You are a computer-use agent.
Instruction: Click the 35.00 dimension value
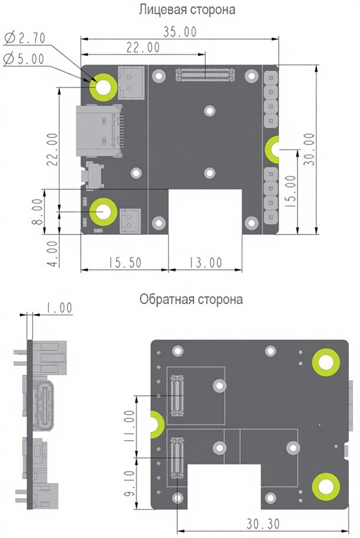click(x=180, y=32)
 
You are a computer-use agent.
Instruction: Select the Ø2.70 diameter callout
click(x=25, y=38)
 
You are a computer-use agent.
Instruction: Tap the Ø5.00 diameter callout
click(x=24, y=59)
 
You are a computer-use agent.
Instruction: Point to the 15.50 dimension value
click(x=125, y=262)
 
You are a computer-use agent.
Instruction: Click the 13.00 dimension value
click(x=205, y=263)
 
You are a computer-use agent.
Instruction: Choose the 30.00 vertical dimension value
click(x=309, y=149)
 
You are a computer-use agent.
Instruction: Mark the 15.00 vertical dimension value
click(x=291, y=191)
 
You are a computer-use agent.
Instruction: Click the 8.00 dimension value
click(x=38, y=212)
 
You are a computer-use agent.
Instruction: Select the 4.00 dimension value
click(x=52, y=254)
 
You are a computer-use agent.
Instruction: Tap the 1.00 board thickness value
click(x=59, y=308)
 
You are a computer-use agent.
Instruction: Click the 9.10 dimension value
click(x=129, y=484)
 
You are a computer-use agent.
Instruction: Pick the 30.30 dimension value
click(x=263, y=524)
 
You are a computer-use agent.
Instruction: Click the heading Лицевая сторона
click(x=187, y=9)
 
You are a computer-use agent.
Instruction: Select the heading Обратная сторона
click(x=191, y=299)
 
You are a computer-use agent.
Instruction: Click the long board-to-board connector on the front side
click(x=205, y=75)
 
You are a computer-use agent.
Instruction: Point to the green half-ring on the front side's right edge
click(x=271, y=149)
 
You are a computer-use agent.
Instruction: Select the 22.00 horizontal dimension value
click(x=143, y=48)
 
